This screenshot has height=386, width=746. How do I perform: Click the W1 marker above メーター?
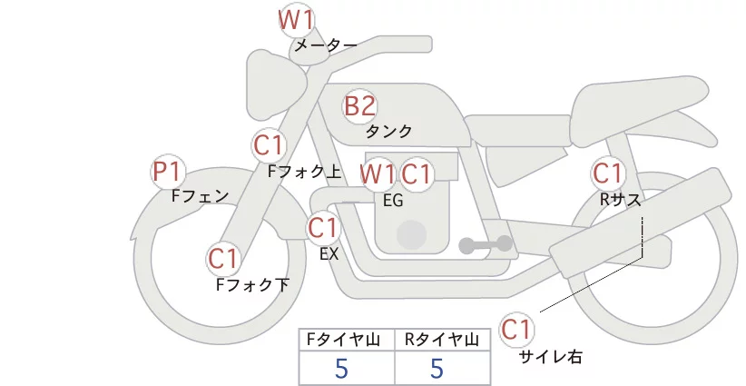296,20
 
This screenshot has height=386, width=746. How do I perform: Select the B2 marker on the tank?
359,106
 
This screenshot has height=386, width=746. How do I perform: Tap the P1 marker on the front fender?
168,172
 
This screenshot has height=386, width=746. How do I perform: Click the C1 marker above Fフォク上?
270,145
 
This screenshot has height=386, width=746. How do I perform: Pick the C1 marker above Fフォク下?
223,259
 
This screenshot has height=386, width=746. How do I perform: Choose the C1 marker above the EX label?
322,227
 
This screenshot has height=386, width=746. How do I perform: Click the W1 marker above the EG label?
378,173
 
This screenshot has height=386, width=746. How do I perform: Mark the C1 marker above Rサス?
607,173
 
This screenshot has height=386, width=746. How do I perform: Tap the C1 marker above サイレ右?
516,329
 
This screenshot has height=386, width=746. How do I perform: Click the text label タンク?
388,132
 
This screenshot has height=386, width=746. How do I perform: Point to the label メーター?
326,45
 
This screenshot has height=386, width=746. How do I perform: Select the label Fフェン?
200,196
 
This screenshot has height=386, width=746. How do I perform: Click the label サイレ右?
551,357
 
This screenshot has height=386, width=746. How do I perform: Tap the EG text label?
393,201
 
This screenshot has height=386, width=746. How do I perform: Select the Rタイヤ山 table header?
442,340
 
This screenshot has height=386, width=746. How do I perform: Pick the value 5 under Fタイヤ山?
341,368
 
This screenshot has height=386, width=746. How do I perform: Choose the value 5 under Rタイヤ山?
437,368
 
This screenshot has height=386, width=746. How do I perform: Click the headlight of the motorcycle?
277,84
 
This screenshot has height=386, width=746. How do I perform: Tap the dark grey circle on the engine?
411,235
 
